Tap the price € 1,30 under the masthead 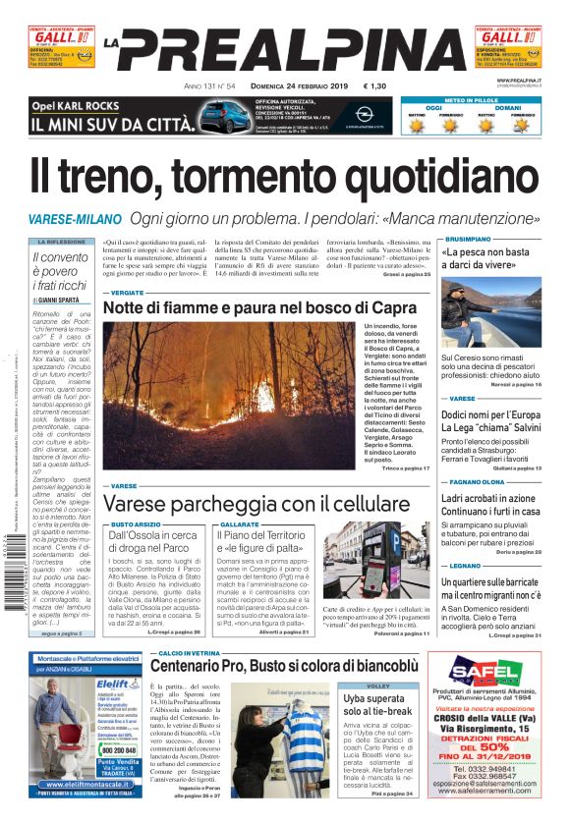374,86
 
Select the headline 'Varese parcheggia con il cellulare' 243,503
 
